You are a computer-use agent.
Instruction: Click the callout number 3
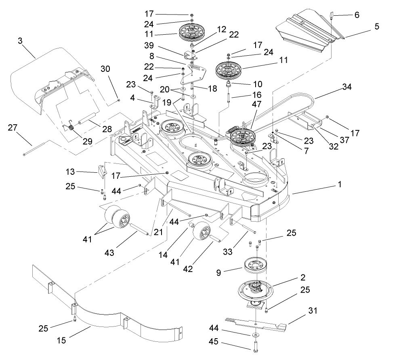tap(20, 41)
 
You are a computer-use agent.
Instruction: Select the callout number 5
tap(377, 26)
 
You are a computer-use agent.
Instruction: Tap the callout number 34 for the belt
tap(346, 87)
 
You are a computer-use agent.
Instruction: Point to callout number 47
tap(256, 104)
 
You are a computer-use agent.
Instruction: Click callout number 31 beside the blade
tap(313, 310)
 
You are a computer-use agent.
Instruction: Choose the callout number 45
tap(213, 342)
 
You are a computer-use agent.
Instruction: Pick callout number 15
tap(61, 340)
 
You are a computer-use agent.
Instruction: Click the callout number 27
tap(13, 128)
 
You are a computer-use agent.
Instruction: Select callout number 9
tap(218, 273)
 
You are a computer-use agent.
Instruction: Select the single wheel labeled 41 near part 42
tap(201, 230)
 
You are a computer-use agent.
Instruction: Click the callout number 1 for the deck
tap(340, 184)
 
